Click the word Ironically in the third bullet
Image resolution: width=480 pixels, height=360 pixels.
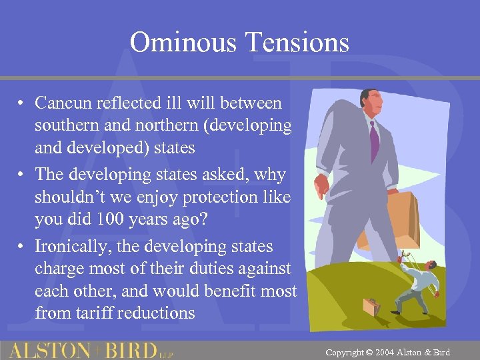(68, 246)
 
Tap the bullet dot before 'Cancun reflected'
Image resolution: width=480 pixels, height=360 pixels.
(22, 103)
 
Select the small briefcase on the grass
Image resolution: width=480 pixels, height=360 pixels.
(371, 307)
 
